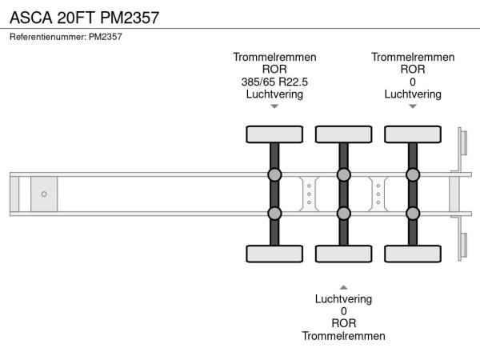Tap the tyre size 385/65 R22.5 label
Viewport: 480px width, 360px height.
(274, 82)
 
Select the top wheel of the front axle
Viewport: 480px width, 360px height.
(274, 134)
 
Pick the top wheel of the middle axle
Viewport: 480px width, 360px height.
(343, 134)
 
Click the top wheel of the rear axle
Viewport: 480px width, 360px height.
(413, 134)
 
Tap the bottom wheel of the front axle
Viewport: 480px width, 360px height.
(274, 254)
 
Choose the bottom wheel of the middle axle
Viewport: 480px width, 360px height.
(343, 254)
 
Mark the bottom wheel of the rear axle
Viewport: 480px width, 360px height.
(413, 254)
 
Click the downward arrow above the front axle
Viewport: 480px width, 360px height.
(274, 106)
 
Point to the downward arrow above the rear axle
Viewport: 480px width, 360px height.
(413, 106)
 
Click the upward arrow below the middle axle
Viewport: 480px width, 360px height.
(343, 286)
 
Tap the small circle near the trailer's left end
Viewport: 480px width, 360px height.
(44, 194)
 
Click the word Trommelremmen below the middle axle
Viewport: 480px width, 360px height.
(343, 336)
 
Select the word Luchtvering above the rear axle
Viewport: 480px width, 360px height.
(413, 94)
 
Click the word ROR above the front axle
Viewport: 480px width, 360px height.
(274, 70)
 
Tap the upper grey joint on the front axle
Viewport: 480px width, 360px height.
(274, 174)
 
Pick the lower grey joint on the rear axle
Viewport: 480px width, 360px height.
(413, 213)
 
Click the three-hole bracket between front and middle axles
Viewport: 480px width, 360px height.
(309, 194)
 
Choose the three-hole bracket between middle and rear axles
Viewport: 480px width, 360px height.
(378, 194)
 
